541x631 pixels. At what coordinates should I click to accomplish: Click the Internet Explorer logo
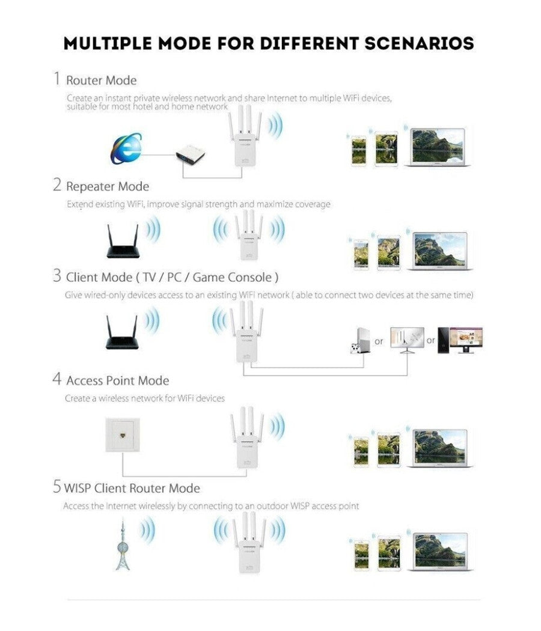pos(126,148)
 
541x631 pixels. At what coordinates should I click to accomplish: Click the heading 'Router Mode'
pos(101,81)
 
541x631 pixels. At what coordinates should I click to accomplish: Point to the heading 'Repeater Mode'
pos(107,186)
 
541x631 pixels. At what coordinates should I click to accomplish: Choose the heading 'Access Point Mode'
pos(117,380)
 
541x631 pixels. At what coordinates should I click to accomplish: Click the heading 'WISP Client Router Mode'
pos(132,488)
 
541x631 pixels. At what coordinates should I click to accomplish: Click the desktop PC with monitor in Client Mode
pos(460,340)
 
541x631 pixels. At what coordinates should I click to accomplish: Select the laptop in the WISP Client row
pos(441,551)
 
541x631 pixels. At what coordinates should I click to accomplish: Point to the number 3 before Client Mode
pos(57,276)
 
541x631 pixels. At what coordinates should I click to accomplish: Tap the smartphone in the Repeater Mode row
pos(360,254)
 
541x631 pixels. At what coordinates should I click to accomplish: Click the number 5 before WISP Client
pos(57,487)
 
